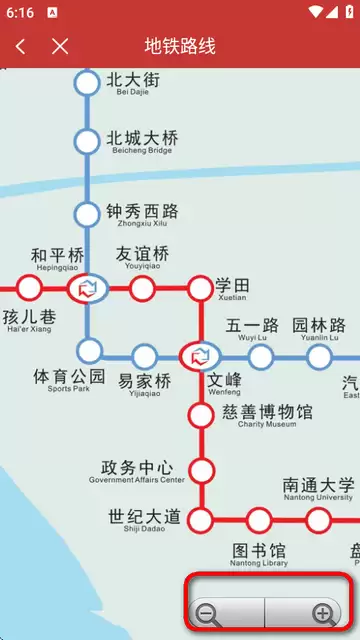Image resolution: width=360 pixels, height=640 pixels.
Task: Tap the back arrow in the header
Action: pos(21,46)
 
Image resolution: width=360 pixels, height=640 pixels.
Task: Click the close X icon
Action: pos(61,46)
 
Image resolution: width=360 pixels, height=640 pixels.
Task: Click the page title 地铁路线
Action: pos(180,46)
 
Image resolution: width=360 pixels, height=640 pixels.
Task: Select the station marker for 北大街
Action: pos(88,83)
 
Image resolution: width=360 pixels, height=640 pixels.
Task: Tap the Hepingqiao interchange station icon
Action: pos(87,289)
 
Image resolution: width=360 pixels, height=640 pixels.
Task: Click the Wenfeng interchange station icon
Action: pos(201,355)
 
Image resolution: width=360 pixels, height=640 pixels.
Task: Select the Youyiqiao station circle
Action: pos(143,289)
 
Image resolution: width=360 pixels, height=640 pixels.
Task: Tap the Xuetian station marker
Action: pos(201,289)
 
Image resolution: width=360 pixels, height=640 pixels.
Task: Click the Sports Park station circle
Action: pos(90,350)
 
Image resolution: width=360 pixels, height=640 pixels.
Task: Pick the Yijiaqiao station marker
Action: pos(144,355)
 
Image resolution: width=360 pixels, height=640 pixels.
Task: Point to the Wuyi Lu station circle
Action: pos(260,356)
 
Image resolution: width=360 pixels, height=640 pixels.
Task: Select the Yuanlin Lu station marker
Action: pos(319,356)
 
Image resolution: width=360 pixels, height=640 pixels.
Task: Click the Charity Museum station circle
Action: pos(202,413)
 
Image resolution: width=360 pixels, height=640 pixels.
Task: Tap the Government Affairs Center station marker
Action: pos(202,469)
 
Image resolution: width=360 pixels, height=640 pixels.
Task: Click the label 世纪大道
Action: pos(144,518)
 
